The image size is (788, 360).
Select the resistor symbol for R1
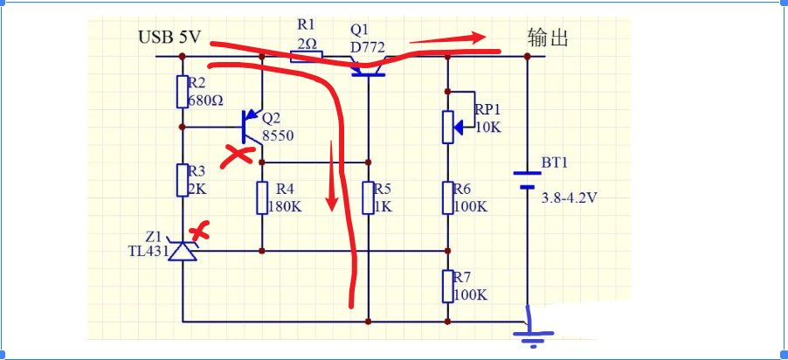click(x=306, y=57)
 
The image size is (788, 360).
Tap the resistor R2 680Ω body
click(x=183, y=91)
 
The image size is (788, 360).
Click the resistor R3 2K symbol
click(x=183, y=180)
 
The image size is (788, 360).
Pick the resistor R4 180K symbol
click(x=262, y=197)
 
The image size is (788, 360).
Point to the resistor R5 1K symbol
click(x=369, y=197)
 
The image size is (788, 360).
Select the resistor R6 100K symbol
click(x=447, y=197)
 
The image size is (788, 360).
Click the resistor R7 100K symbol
click(x=447, y=286)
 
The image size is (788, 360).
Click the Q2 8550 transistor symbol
click(x=252, y=128)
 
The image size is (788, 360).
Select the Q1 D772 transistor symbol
click(x=368, y=68)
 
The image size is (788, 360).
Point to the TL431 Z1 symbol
click(x=183, y=251)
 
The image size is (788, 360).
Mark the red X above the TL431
click(x=202, y=231)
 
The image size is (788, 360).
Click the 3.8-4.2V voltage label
click(x=569, y=197)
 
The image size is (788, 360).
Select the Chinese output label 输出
click(x=548, y=38)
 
